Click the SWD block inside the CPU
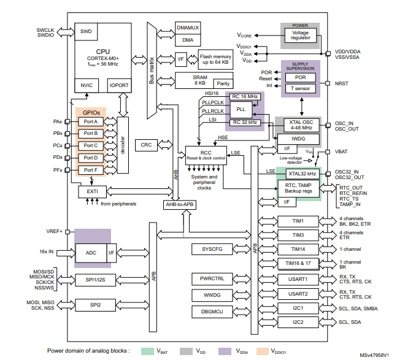coord(86,31)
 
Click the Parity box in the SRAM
coord(224,83)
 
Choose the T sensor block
coord(300,89)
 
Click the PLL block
coord(240,109)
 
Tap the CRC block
coord(145,145)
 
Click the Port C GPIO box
coord(90,145)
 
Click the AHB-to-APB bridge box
coord(179,204)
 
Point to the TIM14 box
coord(298,249)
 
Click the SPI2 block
coord(96,304)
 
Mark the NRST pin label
coord(342,83)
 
